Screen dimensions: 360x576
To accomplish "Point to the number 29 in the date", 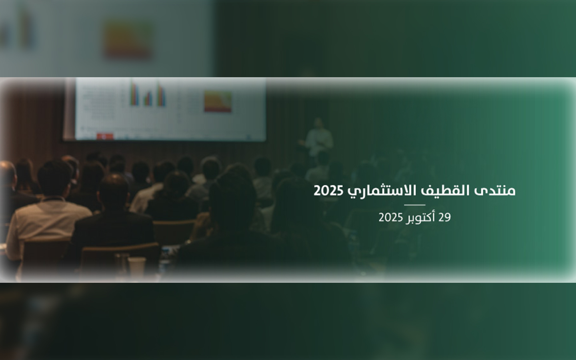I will coord(444,218).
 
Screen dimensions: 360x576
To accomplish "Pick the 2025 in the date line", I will coord(391,218).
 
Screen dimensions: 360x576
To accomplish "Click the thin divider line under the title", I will coord(415,205).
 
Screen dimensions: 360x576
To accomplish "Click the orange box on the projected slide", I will coord(218,101).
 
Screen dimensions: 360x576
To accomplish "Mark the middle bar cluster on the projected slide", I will coord(148,98).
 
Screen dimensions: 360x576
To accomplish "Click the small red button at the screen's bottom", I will coord(105,136).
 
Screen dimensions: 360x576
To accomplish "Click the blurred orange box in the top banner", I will coord(128,39).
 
